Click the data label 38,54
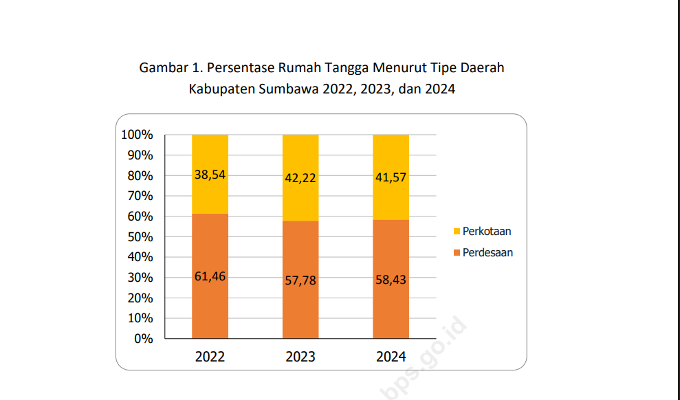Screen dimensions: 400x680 [x=210, y=175]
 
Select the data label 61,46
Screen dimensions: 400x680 [x=210, y=277]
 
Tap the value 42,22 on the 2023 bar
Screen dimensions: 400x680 [x=300, y=177]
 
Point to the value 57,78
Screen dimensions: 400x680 [x=300, y=280]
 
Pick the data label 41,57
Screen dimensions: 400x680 [x=391, y=177]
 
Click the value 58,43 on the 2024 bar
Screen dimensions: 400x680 [x=391, y=280]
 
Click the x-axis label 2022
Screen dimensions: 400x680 [x=210, y=357]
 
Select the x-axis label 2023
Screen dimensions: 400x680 [x=300, y=357]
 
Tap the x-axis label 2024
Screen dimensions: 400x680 [x=391, y=357]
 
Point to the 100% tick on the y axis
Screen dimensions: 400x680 [x=137, y=135]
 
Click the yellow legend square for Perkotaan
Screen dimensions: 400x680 [x=457, y=232]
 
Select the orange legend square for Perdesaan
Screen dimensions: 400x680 [x=457, y=253]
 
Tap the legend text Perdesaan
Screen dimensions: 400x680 [x=487, y=253]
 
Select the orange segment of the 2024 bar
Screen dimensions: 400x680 [x=391, y=309]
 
